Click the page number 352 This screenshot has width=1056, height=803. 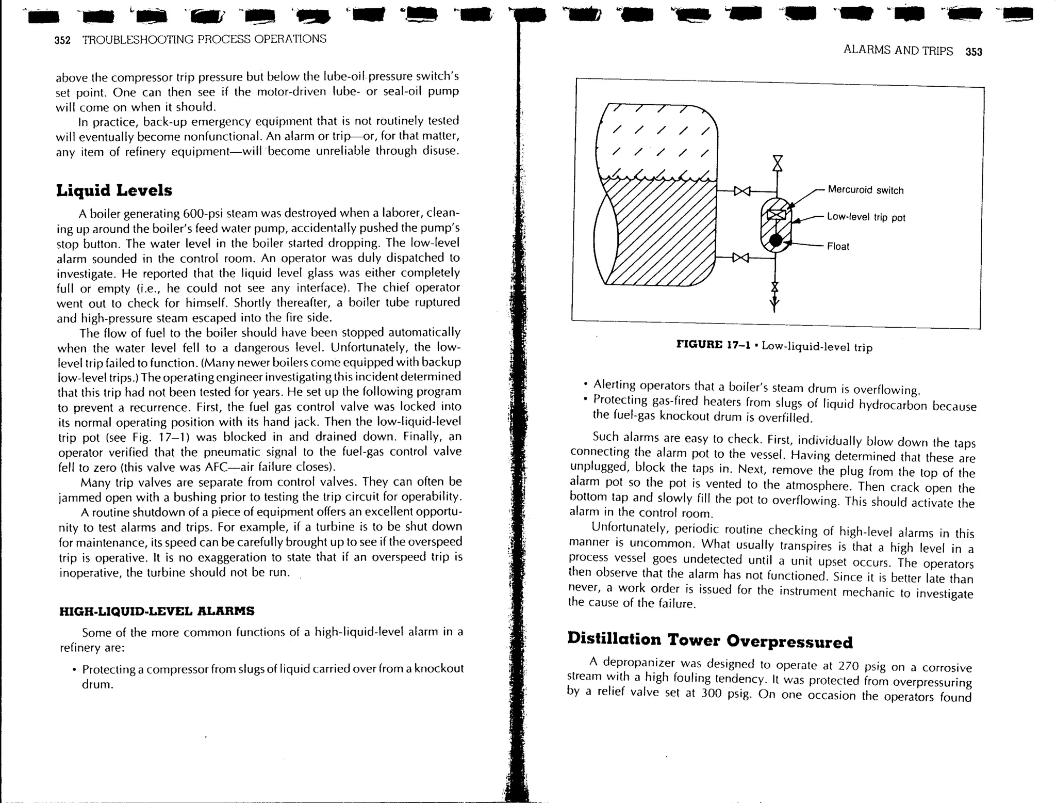[62, 40]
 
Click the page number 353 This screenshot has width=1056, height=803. [973, 52]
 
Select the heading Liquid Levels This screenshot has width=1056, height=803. [114, 190]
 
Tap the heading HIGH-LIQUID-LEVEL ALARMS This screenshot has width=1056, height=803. [157, 611]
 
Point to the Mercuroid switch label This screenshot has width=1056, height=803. [865, 190]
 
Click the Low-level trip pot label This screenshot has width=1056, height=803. [866, 217]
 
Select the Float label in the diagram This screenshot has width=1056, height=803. [838, 246]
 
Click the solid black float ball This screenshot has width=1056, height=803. [775, 240]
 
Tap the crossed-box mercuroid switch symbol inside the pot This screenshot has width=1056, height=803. [776, 215]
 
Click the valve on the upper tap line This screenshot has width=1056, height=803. [742, 191]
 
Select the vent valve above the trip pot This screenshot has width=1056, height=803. [777, 163]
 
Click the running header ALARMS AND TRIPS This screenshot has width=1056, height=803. [898, 51]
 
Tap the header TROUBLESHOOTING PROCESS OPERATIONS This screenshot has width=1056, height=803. [204, 39]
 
